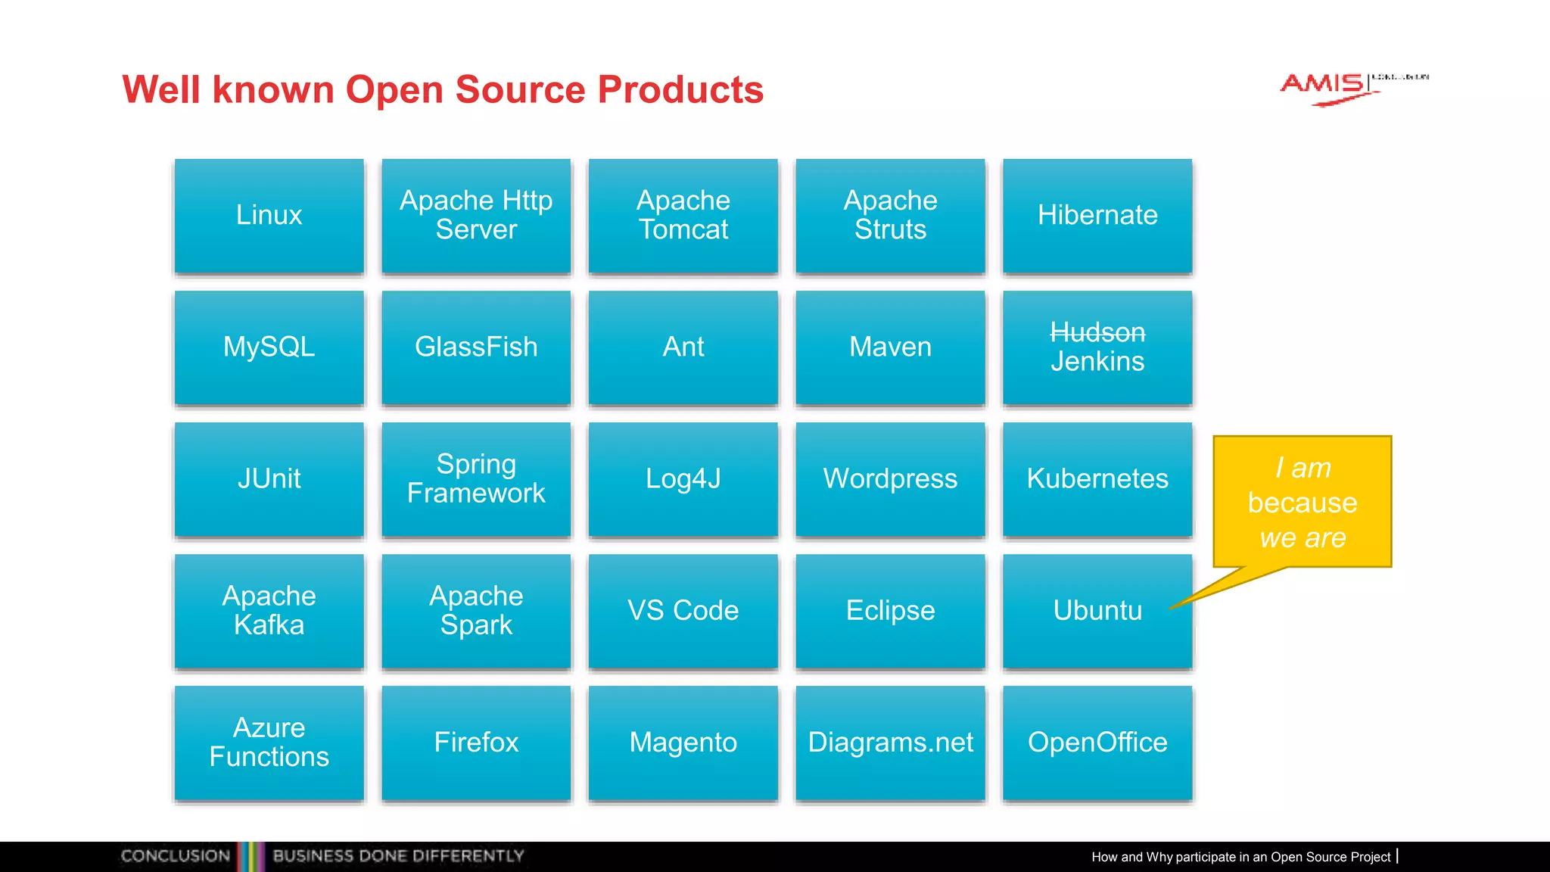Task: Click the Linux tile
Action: click(x=269, y=215)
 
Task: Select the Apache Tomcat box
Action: click(x=683, y=215)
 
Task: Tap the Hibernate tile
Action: click(x=1097, y=215)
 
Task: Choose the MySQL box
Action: click(x=269, y=347)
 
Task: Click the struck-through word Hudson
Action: click(x=1097, y=332)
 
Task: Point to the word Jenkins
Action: click(x=1097, y=362)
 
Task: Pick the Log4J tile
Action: click(x=683, y=478)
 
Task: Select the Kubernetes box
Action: click(x=1097, y=478)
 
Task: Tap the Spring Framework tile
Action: click(x=476, y=478)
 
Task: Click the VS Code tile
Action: click(x=683, y=610)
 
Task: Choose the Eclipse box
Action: click(x=890, y=610)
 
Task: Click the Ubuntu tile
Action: click(x=1097, y=610)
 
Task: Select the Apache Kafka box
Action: click(x=269, y=610)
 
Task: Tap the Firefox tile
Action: click(x=476, y=742)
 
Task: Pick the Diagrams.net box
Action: click(x=890, y=742)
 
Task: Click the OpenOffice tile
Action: click(x=1097, y=742)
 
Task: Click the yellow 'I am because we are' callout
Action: click(x=1302, y=502)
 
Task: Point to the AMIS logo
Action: click(x=1324, y=87)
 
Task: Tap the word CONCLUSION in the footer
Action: click(x=176, y=856)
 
